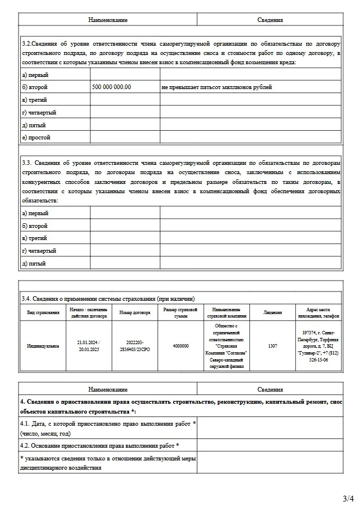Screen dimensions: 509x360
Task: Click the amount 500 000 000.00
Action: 112,87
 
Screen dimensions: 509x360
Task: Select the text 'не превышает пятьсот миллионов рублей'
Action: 216,87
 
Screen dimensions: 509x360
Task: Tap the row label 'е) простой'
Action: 36,138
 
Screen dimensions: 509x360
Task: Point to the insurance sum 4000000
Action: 181,346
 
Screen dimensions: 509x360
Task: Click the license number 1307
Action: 273,346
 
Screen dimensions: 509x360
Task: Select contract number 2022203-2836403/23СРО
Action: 134,346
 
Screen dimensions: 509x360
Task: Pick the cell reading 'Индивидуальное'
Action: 43,346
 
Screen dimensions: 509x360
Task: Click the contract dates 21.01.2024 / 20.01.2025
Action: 89,346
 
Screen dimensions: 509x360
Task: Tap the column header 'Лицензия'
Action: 273,312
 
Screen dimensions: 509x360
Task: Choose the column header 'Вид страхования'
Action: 43,312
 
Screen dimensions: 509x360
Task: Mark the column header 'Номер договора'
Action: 134,312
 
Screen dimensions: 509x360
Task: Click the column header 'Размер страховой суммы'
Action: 181,312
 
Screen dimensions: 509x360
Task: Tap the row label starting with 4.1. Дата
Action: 108,429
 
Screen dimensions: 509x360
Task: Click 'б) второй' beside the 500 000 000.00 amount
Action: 35,87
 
